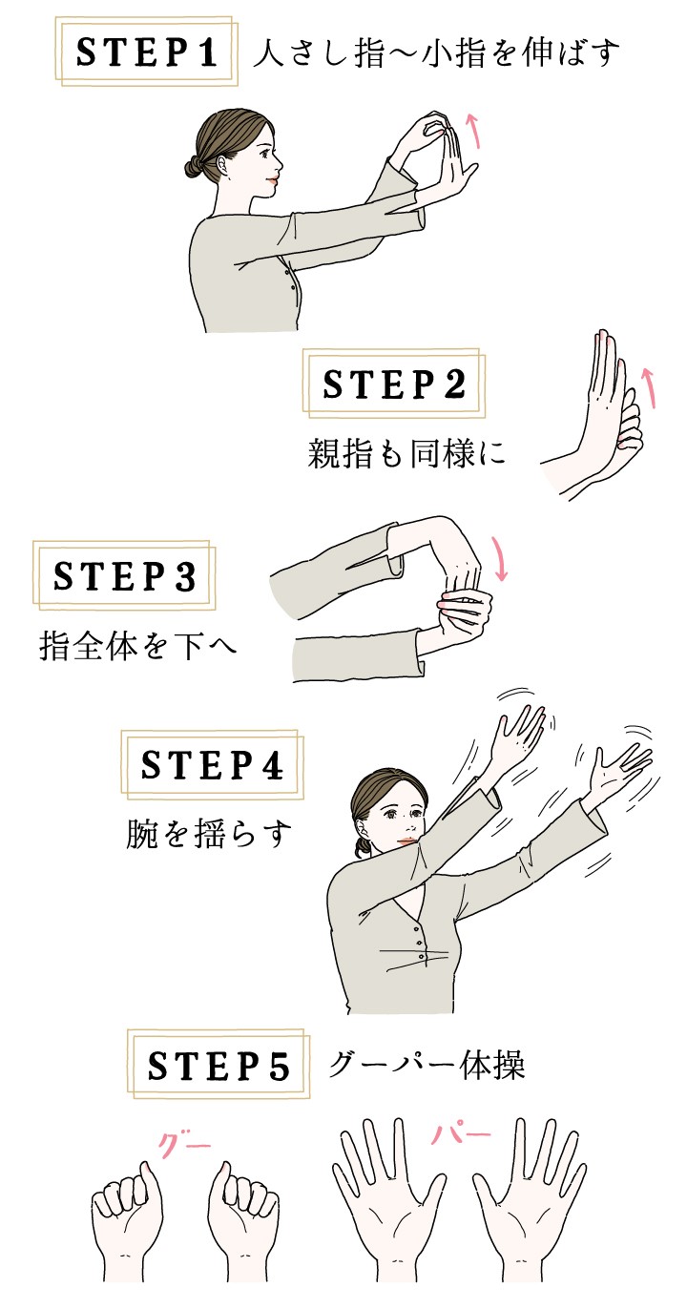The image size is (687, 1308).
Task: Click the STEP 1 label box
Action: pos(147,52)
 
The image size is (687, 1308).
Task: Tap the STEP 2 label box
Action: pos(394,384)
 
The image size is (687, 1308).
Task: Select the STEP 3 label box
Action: pos(124,575)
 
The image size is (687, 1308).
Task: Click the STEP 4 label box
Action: pos(213,764)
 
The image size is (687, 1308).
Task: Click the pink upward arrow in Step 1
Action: pos(473,132)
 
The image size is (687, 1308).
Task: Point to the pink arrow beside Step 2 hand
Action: pos(648,387)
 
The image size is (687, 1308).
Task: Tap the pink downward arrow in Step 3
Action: pos(499,559)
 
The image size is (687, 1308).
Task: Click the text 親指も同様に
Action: pos(406,454)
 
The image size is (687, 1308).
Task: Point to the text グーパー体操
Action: pos(427,1065)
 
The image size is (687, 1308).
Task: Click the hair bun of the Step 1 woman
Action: pos(193,168)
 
